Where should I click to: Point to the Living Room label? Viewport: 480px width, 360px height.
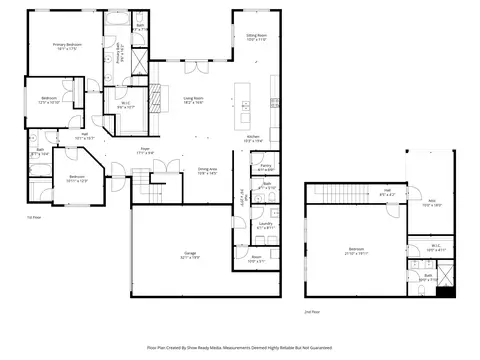click(x=193, y=100)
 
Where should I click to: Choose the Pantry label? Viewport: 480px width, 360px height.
click(x=267, y=167)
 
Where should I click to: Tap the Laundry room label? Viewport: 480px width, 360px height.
click(x=266, y=228)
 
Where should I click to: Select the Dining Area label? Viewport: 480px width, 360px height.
click(x=208, y=171)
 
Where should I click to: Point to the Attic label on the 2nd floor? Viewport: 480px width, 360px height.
click(x=431, y=204)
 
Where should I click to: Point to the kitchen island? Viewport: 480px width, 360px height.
click(x=241, y=101)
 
